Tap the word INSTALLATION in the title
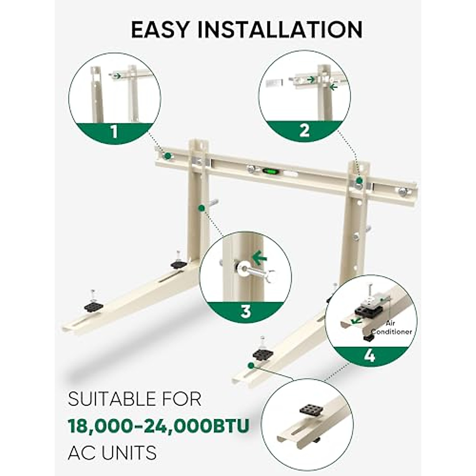click(x=280, y=29)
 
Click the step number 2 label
click(x=304, y=130)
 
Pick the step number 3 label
click(x=246, y=311)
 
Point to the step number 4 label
click(x=369, y=356)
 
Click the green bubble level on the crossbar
click(x=271, y=171)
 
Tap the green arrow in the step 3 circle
click(x=260, y=259)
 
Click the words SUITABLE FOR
click(x=135, y=399)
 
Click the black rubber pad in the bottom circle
click(x=309, y=411)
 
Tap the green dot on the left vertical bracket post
click(x=202, y=207)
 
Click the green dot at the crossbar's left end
click(x=168, y=155)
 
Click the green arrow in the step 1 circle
click(x=117, y=75)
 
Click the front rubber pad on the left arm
click(x=94, y=307)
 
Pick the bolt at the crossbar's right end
click(x=403, y=192)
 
